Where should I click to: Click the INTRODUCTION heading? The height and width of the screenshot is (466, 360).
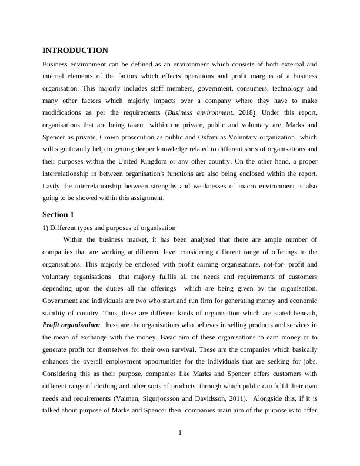[75, 51]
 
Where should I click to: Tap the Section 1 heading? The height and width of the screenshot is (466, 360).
[59, 214]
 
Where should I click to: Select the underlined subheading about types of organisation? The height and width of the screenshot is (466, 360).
[109, 228]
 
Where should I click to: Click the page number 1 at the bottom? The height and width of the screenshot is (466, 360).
[180, 434]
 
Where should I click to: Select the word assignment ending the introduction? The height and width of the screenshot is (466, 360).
[145, 198]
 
